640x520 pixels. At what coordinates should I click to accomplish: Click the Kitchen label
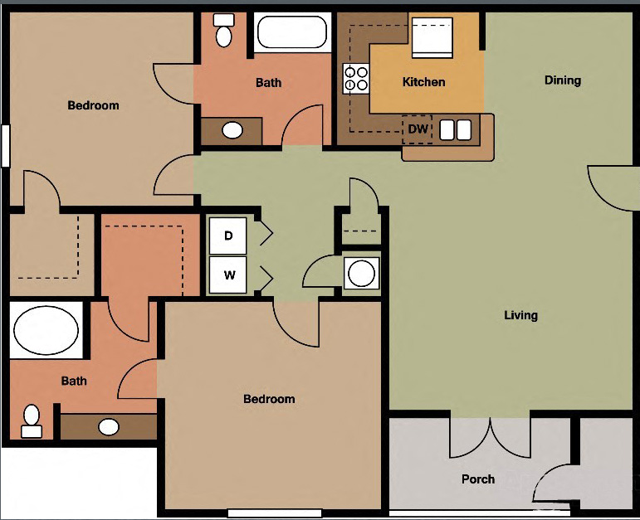pos(423,82)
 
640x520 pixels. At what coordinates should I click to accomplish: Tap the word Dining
pos(562,80)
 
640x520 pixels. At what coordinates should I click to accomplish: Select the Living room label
pos(520,315)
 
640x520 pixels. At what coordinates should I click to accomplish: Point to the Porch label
pos(478,479)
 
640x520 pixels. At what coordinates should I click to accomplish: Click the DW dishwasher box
pos(418,129)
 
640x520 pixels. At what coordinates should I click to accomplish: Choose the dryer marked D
pos(229,236)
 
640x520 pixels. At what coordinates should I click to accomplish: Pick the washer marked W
pos(229,275)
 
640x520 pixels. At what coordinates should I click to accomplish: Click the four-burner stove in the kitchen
pos(356,77)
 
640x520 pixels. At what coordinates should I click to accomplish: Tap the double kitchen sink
pos(455,129)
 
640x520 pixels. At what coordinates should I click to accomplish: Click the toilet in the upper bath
pos(223,30)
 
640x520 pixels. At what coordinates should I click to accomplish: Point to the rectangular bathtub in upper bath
pos(292,33)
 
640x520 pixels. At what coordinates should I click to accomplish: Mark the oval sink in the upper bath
pos(233,130)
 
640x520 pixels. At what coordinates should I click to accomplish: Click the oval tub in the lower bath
pos(46,330)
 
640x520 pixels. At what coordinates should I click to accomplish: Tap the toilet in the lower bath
pos(32,420)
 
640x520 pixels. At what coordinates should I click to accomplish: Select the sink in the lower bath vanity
pos(109,427)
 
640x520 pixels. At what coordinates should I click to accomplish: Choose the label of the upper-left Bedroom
pos(93,105)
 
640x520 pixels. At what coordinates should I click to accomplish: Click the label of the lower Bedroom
pos(269,399)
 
